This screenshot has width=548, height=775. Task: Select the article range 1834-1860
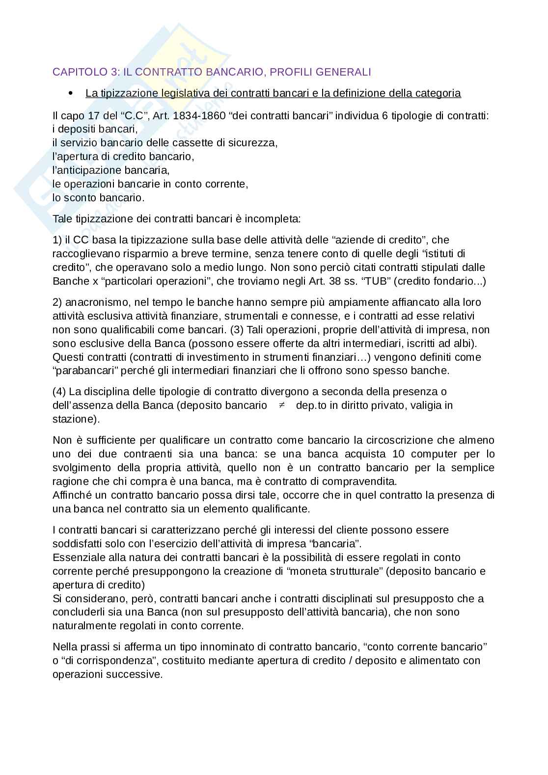pyautogui.click(x=196, y=116)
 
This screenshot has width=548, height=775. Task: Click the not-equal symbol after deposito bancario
pyautogui.click(x=282, y=405)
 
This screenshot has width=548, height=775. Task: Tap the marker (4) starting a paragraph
pyautogui.click(x=59, y=392)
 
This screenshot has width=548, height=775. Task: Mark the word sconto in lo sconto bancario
pyautogui.click(x=77, y=198)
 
